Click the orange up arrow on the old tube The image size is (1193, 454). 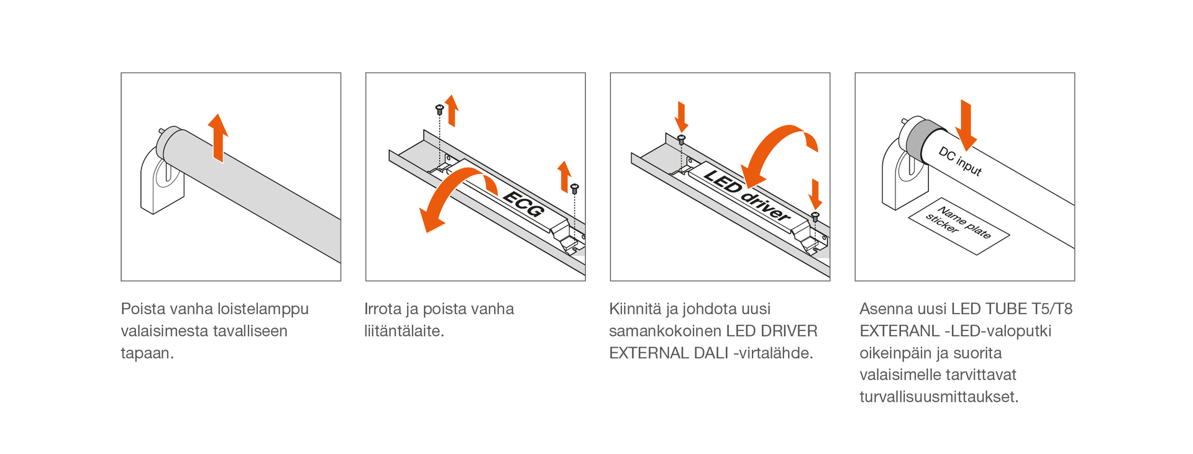pos(217,138)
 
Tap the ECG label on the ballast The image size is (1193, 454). pos(523,204)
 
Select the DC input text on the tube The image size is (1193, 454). pos(959,161)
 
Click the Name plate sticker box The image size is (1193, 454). pos(958,226)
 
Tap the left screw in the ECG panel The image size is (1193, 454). pos(439,110)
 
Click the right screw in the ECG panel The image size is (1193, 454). pos(575,188)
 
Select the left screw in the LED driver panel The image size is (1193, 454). pos(681,140)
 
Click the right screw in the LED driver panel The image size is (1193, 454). pos(815,217)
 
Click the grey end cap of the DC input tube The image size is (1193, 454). pos(923,138)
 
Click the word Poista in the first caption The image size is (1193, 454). pos(140,309)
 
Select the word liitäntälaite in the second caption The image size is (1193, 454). pos(403,331)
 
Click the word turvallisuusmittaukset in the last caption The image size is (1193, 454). pos(938,397)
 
